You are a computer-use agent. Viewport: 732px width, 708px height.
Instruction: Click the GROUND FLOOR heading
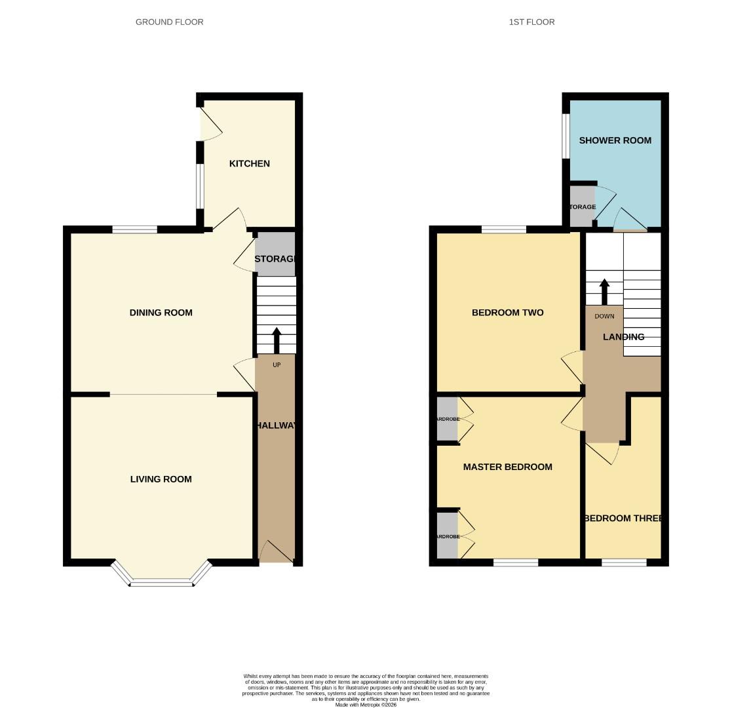pyautogui.click(x=169, y=22)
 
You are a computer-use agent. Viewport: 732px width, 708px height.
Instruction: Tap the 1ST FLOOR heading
pyautogui.click(x=531, y=22)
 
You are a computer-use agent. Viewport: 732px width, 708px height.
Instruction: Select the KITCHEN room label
pyautogui.click(x=249, y=163)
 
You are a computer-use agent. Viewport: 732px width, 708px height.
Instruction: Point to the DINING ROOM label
pyautogui.click(x=161, y=313)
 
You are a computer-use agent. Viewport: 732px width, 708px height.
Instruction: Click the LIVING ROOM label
pyautogui.click(x=161, y=479)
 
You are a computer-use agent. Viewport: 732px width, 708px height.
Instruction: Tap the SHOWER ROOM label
pyautogui.click(x=615, y=140)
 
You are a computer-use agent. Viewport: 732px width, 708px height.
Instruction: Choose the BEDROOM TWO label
pyautogui.click(x=507, y=313)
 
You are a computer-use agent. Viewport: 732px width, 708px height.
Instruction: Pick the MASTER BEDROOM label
pyautogui.click(x=507, y=467)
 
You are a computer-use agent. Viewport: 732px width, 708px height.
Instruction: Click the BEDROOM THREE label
pyautogui.click(x=623, y=518)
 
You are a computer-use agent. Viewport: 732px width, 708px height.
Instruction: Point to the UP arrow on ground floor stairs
pyautogui.click(x=276, y=340)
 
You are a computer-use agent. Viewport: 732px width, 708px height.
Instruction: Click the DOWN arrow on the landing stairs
pyautogui.click(x=604, y=292)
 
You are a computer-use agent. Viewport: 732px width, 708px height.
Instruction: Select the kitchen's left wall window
pyautogui.click(x=201, y=186)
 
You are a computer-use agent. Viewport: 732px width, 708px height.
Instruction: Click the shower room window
pyautogui.click(x=566, y=136)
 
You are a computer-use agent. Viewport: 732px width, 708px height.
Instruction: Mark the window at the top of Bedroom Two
pyautogui.click(x=503, y=229)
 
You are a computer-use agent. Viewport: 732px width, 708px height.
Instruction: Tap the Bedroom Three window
pyautogui.click(x=623, y=562)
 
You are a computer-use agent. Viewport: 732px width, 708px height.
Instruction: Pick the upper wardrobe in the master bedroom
pyautogui.click(x=447, y=419)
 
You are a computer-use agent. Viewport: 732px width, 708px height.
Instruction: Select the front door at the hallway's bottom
pyautogui.click(x=276, y=552)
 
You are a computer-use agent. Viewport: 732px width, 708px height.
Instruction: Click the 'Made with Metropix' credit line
pyautogui.click(x=366, y=705)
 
